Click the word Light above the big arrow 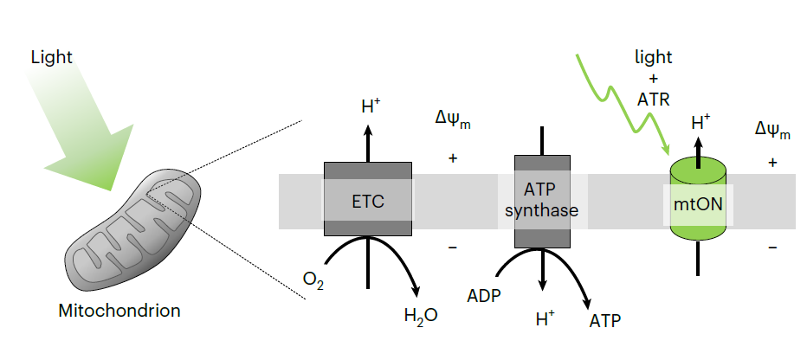click(x=51, y=58)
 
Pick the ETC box click(x=368, y=200)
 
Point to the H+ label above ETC click(x=370, y=108)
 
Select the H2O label click(x=421, y=315)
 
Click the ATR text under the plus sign click(x=654, y=99)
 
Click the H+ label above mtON click(x=700, y=123)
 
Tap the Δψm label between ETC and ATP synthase click(x=452, y=119)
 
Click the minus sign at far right click(x=772, y=247)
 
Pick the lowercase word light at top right click(x=654, y=57)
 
